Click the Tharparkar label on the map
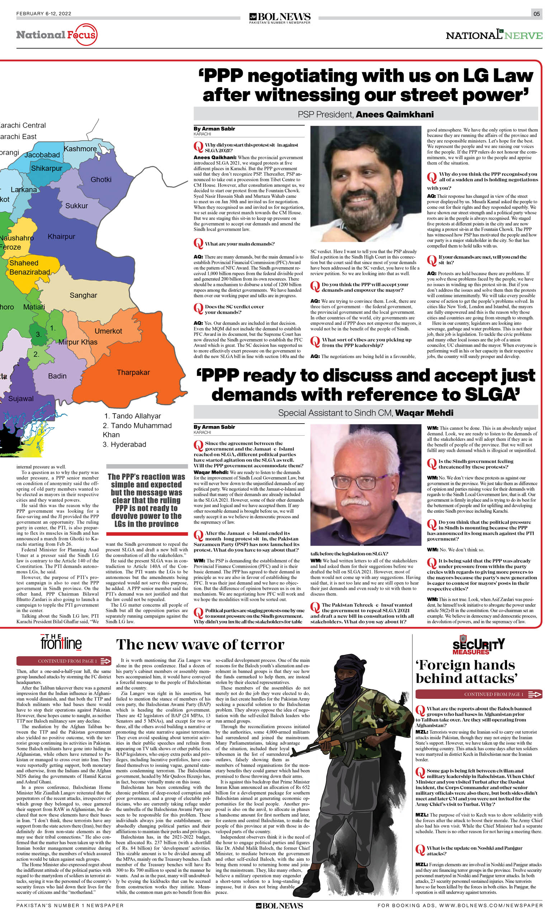click(133, 373)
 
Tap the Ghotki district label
click(101, 180)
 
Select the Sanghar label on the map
click(83, 296)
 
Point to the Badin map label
click(57, 376)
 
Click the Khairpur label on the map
click(61, 237)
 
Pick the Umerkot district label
click(108, 331)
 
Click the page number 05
click(536, 14)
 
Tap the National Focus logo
click(57, 35)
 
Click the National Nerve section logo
click(494, 35)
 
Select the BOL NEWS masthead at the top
click(280, 17)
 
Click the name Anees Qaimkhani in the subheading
click(395, 115)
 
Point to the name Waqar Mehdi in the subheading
click(424, 413)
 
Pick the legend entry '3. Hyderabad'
click(124, 445)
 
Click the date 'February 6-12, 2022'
click(44, 14)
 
